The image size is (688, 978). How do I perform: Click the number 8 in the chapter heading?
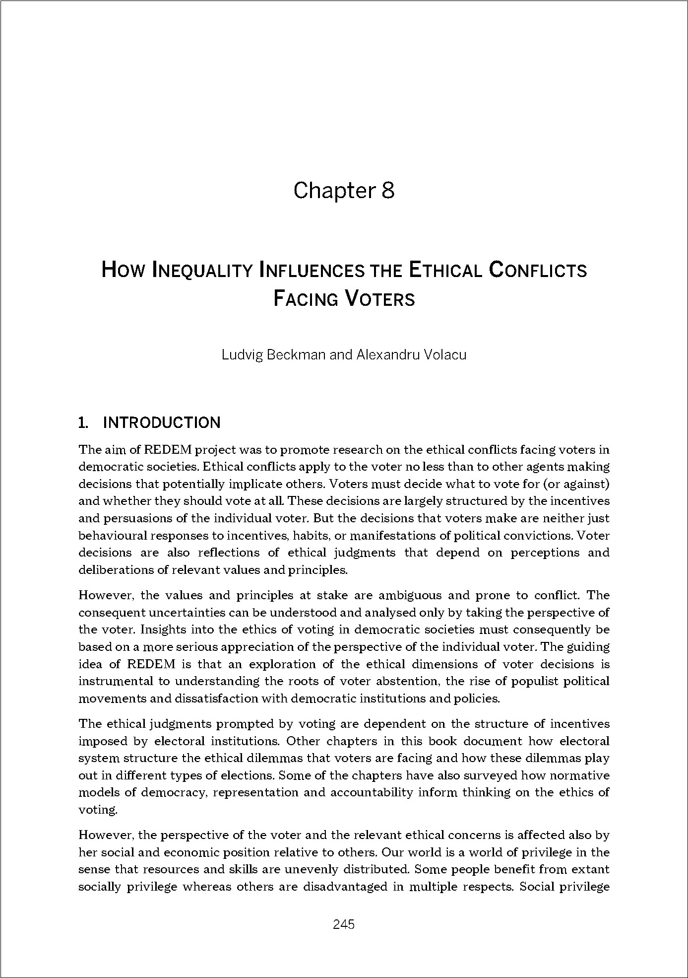click(387, 191)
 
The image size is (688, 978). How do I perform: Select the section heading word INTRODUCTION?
click(161, 423)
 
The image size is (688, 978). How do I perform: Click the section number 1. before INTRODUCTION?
click(83, 423)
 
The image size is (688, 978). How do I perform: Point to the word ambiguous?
click(404, 595)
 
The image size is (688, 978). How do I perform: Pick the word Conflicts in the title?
click(538, 271)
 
